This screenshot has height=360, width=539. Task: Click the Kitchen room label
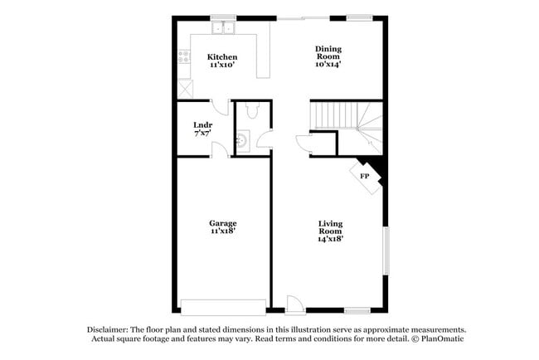coord(221,57)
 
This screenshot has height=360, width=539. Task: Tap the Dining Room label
coord(328,49)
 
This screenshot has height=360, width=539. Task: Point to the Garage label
coord(222,223)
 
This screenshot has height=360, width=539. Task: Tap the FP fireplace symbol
coord(364,176)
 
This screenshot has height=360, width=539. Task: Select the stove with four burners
coord(184,58)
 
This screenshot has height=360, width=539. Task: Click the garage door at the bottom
coord(223,307)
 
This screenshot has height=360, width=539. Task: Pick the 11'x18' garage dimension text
coord(222,231)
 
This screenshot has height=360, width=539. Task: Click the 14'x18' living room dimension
coord(331,237)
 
